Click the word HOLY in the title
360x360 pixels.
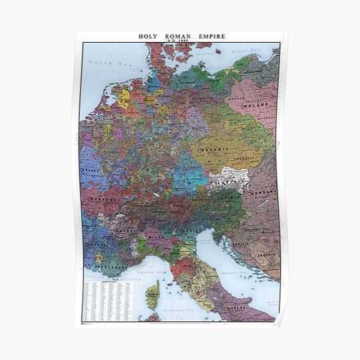[149, 37]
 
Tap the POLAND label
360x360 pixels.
[256, 105]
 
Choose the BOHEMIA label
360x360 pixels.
[213, 149]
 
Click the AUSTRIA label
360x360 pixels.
[230, 180]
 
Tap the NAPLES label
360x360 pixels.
[254, 309]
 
